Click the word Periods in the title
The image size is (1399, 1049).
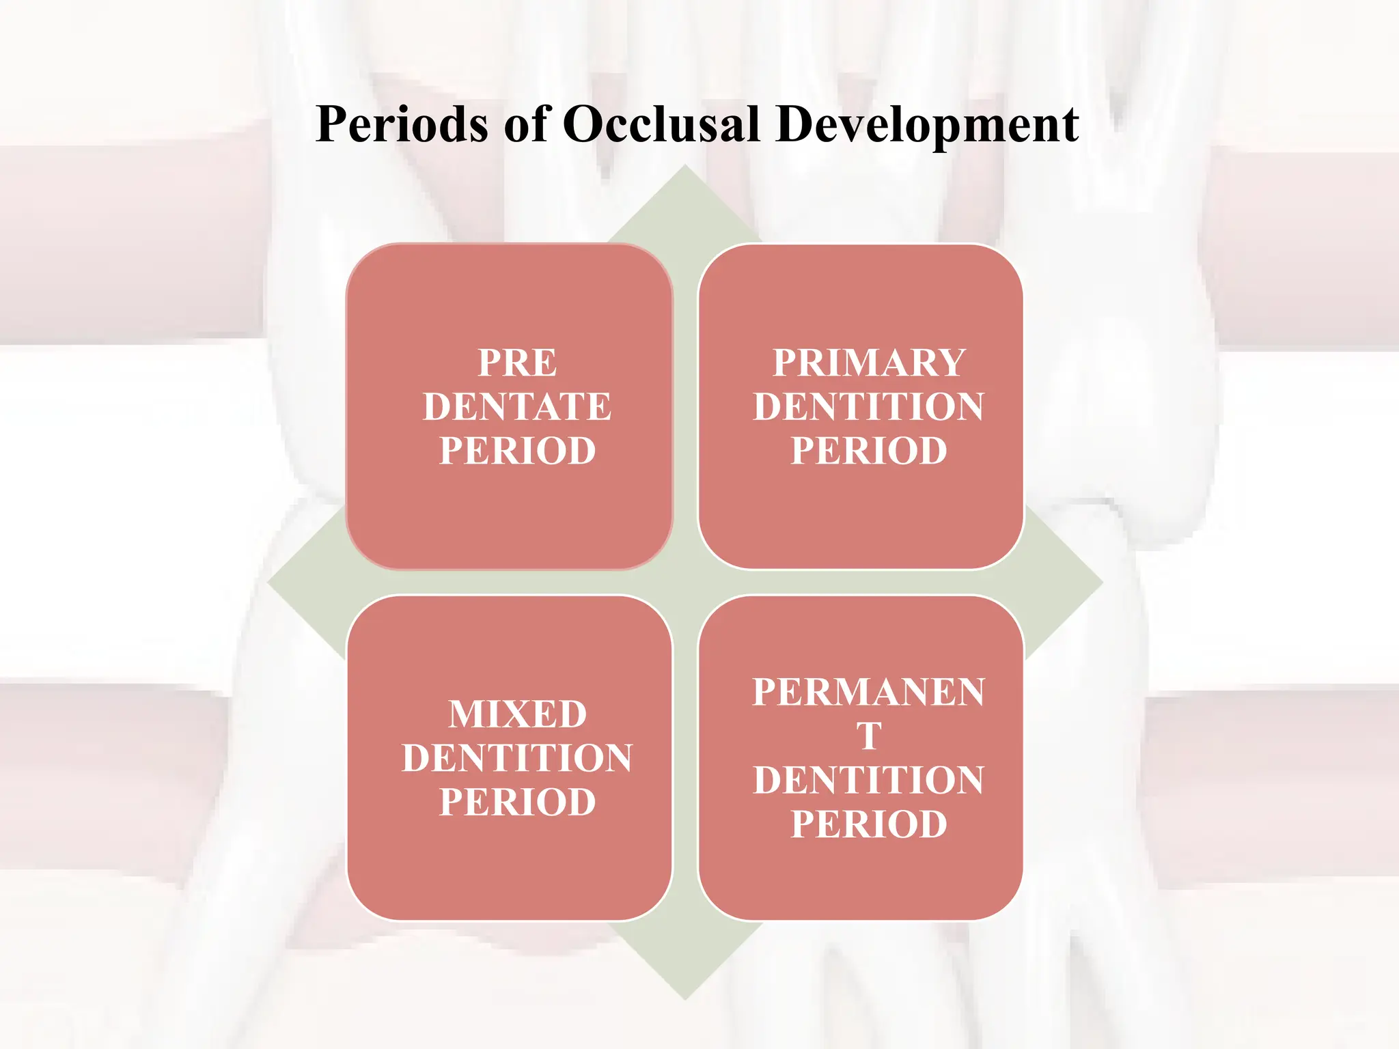click(x=402, y=125)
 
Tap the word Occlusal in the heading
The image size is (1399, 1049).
click(x=661, y=125)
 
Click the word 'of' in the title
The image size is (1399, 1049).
click(x=527, y=125)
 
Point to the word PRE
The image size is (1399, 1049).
click(x=517, y=363)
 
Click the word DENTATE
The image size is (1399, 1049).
click(x=517, y=407)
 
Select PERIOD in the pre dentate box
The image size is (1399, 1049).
click(x=517, y=451)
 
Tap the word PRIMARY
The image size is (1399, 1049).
click(x=868, y=363)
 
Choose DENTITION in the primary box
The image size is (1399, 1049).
click(x=868, y=407)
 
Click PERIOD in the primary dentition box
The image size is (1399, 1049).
click(x=868, y=451)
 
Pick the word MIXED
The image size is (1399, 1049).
click(x=517, y=714)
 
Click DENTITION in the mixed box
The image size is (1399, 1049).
click(x=517, y=758)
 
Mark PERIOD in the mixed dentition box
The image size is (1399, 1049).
click(x=517, y=802)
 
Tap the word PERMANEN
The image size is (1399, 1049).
click(x=868, y=693)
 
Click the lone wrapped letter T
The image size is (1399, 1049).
click(x=869, y=736)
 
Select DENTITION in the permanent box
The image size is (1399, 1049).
click(x=868, y=781)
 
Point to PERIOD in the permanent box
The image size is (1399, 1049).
click(x=868, y=824)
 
